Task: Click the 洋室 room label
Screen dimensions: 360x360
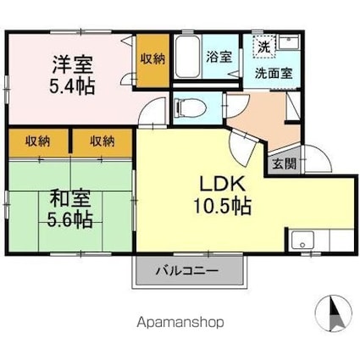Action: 70,64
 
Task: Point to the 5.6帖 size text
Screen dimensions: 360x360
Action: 70,220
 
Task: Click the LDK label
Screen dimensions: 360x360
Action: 222,184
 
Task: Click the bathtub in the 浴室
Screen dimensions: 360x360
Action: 189,58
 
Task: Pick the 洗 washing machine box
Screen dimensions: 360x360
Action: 265,46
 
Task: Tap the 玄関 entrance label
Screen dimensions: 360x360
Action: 284,164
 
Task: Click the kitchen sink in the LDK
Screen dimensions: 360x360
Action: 303,241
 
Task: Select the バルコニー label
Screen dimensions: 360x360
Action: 187,272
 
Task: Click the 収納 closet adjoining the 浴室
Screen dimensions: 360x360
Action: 153,59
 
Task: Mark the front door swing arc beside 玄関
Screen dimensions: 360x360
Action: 314,160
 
